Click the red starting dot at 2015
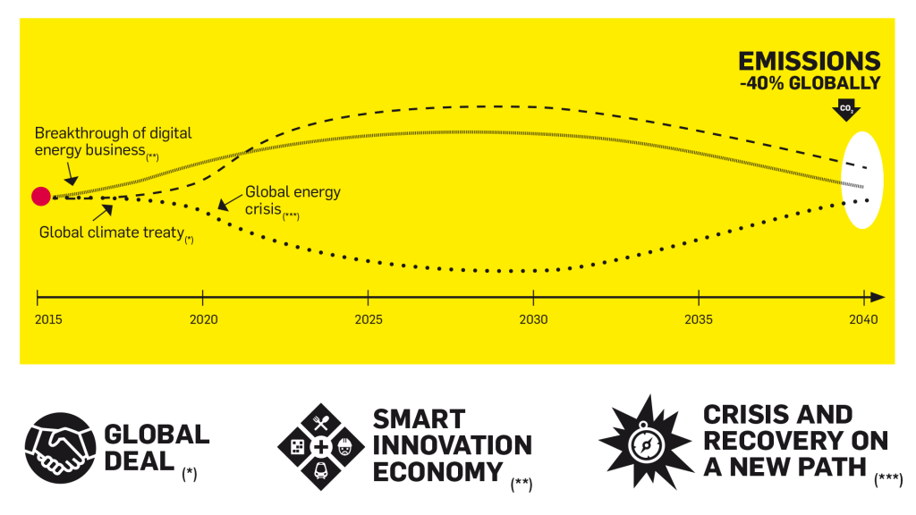click(x=40, y=197)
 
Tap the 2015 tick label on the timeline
click(x=38, y=319)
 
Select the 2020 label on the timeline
click(x=203, y=319)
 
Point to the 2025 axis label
click(x=369, y=319)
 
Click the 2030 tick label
click(x=533, y=319)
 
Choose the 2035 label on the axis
click(x=699, y=319)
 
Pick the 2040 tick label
click(x=863, y=319)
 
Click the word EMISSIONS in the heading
click(x=809, y=62)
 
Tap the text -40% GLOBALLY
click(x=810, y=83)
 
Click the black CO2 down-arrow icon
click(x=845, y=110)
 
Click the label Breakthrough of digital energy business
click(x=113, y=141)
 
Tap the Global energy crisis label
click(x=292, y=200)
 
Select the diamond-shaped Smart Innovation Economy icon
click(x=319, y=445)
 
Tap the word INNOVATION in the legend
click(x=452, y=445)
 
